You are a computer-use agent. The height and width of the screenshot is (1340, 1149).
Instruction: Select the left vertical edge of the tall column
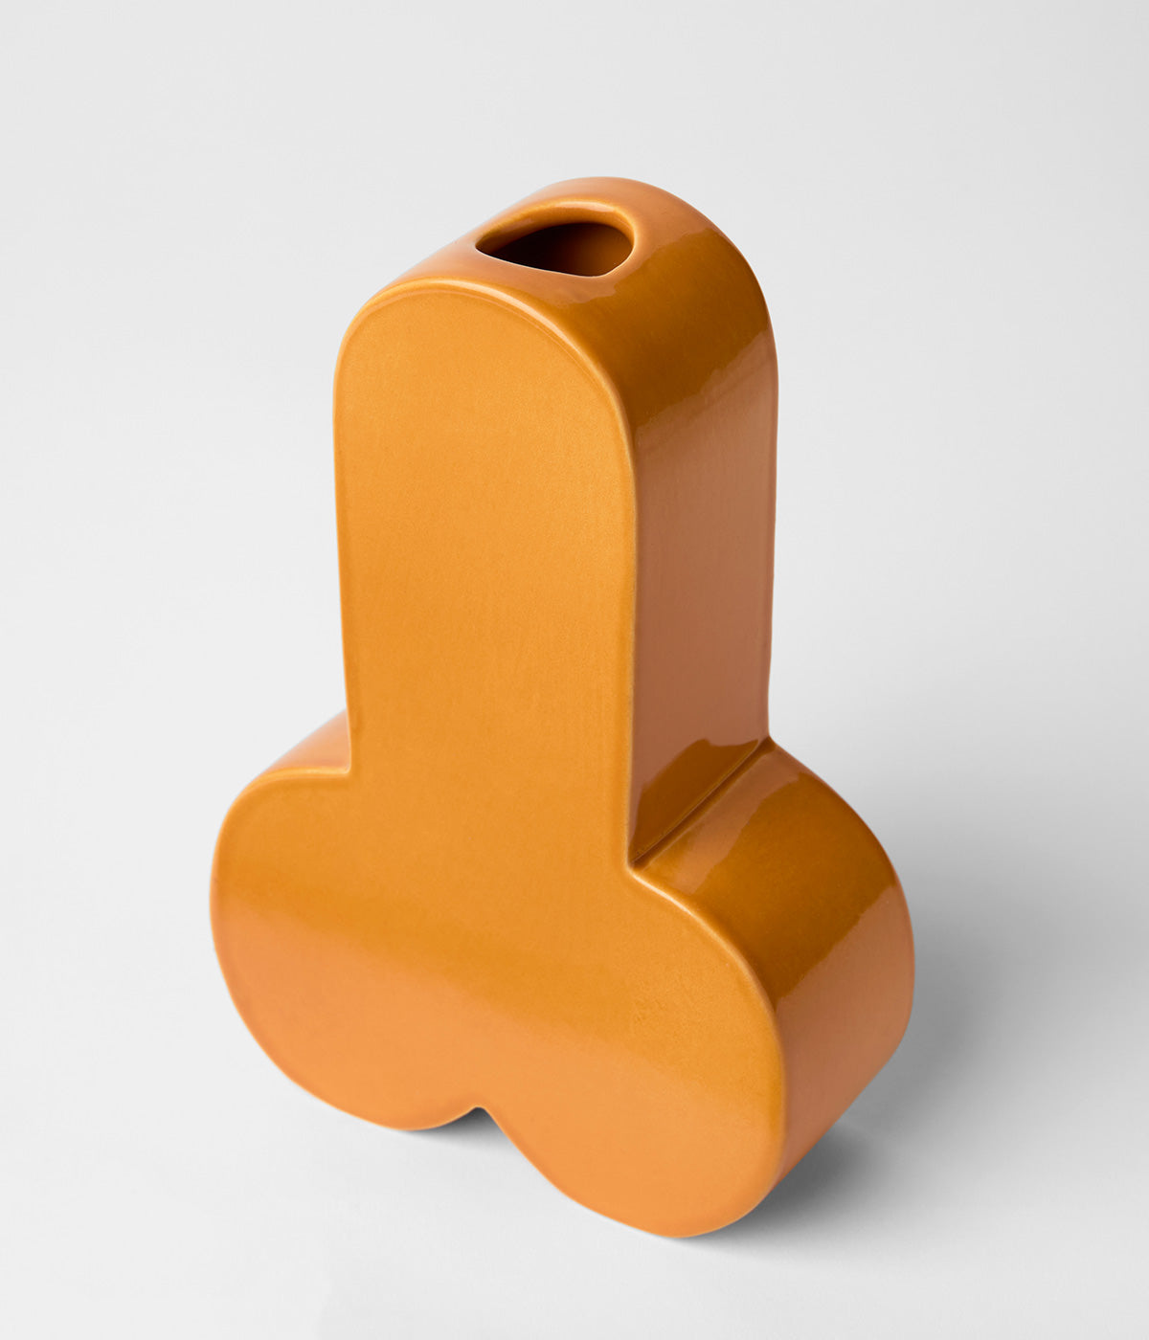(x=338, y=536)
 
